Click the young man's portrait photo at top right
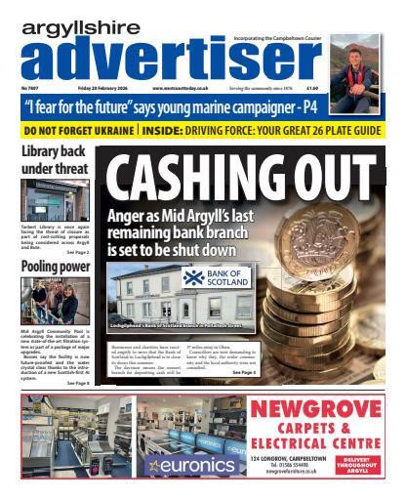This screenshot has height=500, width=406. tap(355, 61)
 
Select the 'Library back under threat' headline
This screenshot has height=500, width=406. tap(56, 160)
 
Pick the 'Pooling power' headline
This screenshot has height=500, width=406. tap(56, 266)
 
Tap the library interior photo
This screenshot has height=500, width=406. tap(56, 200)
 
